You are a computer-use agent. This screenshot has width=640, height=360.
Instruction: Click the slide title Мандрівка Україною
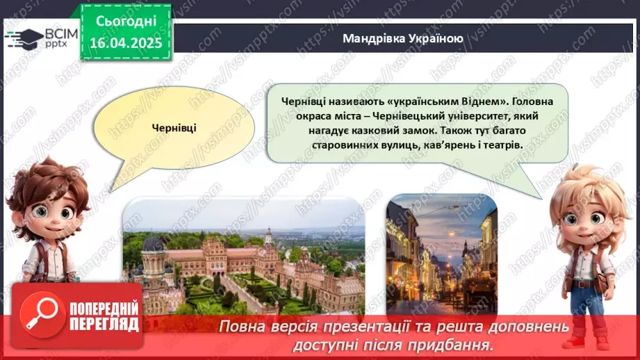pyautogui.click(x=402, y=38)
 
